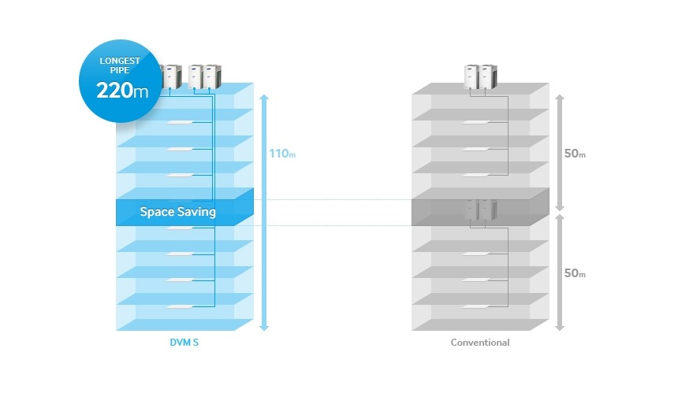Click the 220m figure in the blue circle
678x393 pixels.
pos(122,89)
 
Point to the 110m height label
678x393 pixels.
pos(282,154)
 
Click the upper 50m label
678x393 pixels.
pos(575,154)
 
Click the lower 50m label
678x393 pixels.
pos(575,273)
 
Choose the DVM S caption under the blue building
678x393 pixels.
pos(183,343)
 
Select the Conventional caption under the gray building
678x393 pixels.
pos(480,343)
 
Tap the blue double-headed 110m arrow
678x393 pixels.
pos(264,213)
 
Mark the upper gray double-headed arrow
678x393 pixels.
pos(559,153)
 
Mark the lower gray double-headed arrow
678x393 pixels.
pos(559,273)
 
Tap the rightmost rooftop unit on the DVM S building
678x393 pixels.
pos(210,75)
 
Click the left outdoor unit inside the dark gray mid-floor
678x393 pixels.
pos(471,209)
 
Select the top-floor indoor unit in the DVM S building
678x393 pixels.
pos(181,122)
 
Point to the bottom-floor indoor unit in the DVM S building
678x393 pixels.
pos(181,306)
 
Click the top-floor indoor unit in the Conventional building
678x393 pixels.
pos(476,122)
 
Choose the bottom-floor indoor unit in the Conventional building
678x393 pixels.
pos(476,306)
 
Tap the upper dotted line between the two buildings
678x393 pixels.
pos(323,200)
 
